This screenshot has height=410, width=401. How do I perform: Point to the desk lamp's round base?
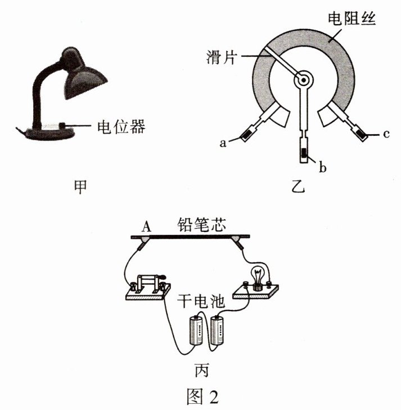(x=51, y=134)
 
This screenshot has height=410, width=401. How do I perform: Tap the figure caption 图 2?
(x=201, y=397)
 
